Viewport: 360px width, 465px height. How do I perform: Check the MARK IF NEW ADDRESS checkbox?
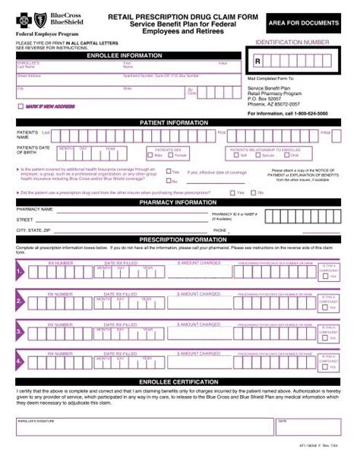coord(21,106)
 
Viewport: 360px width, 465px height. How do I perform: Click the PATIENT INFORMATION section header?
coord(180,122)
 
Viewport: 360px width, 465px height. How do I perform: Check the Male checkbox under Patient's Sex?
coord(153,156)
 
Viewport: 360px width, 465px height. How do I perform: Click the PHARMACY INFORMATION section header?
coord(180,203)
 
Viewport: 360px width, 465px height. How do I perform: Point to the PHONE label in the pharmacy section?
coord(220,229)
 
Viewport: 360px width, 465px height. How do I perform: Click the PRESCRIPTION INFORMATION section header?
coord(180,239)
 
